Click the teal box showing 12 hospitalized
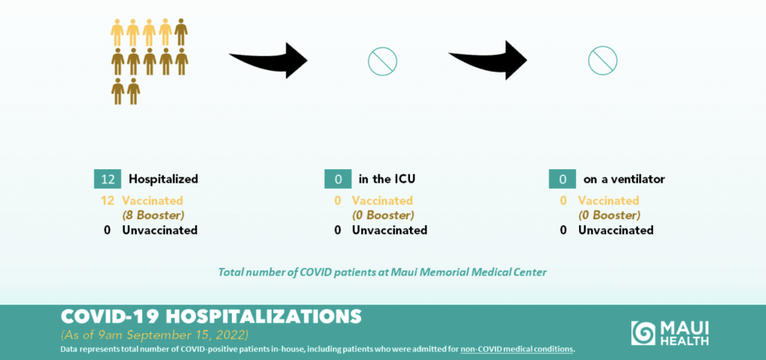[x=108, y=180]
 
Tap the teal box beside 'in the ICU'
[x=338, y=180]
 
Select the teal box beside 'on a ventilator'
[x=563, y=180]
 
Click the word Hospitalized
[x=163, y=180]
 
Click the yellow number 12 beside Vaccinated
[x=108, y=201]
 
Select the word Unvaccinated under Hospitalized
[x=160, y=230]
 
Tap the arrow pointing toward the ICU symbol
[x=269, y=61]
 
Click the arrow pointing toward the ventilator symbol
[x=488, y=61]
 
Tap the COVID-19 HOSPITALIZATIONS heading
[x=211, y=317]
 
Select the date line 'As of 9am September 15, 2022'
[x=154, y=336]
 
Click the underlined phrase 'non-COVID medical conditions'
[x=517, y=350]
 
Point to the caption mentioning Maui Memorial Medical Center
[x=382, y=272]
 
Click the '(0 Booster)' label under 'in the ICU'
[x=383, y=215]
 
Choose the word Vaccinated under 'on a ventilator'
[x=609, y=201]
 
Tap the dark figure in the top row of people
[x=181, y=32]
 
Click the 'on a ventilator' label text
[x=624, y=180]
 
